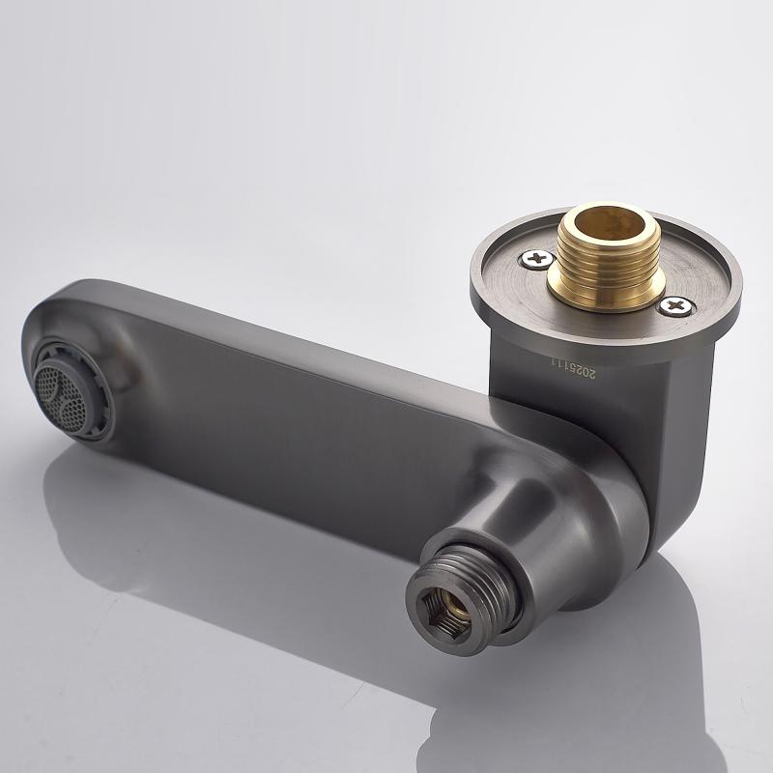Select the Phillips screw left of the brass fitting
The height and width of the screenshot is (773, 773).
(x=537, y=257)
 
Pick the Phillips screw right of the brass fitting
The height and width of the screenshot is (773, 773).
(x=677, y=306)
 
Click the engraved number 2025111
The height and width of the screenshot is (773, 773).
(x=573, y=368)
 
